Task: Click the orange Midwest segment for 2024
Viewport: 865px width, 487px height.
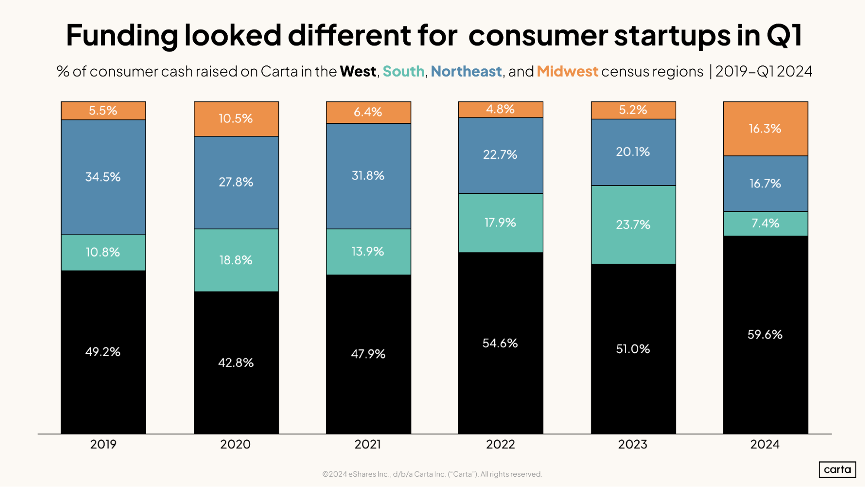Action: tap(765, 129)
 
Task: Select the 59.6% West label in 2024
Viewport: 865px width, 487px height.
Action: tap(765, 335)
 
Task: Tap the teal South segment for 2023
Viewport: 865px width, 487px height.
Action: tap(633, 225)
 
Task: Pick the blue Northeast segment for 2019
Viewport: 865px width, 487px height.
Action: tap(103, 177)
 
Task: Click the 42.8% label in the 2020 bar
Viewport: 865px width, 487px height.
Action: tap(236, 363)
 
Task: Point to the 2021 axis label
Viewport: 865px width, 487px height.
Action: tap(367, 445)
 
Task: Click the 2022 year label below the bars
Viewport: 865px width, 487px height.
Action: tap(500, 445)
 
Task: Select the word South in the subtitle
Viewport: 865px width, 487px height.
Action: tap(403, 71)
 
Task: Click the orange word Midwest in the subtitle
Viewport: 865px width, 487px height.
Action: tap(567, 71)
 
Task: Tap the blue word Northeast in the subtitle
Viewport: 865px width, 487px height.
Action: tap(466, 71)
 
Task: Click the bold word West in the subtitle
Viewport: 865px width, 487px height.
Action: tap(358, 71)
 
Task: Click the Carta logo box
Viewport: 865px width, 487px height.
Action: tap(837, 470)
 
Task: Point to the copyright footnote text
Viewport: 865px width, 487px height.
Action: tap(432, 474)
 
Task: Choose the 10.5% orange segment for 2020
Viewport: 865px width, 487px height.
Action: tap(236, 119)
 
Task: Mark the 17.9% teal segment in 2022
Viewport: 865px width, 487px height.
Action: tap(500, 223)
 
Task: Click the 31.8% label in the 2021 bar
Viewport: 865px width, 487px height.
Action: tap(368, 176)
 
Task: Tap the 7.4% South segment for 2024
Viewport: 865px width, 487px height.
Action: tap(765, 223)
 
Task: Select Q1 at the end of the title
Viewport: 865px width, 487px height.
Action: tap(784, 35)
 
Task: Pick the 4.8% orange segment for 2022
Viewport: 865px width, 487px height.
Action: tap(500, 109)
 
